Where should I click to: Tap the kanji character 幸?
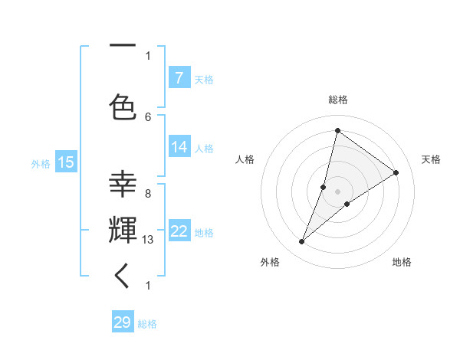[x=122, y=185]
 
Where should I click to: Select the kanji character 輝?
[x=122, y=229]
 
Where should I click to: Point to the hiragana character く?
[x=122, y=275]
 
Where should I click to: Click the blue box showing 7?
[x=179, y=77]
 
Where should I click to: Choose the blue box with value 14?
[x=179, y=147]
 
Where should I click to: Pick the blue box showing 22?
[x=179, y=231]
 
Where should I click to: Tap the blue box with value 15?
[x=65, y=162]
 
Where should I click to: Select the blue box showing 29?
[x=123, y=322]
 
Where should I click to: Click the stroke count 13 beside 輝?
[x=148, y=240]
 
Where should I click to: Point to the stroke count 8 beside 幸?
[x=148, y=194]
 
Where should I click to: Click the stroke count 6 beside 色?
[x=148, y=116]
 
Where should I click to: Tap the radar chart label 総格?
[x=338, y=100]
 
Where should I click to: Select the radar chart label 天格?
[x=431, y=159]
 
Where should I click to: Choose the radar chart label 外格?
[x=270, y=262]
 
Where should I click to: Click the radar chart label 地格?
[x=402, y=262]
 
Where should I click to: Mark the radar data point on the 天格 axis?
[x=396, y=172]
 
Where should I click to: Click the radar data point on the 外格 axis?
[x=302, y=242]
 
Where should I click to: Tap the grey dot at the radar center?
[x=337, y=191]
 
